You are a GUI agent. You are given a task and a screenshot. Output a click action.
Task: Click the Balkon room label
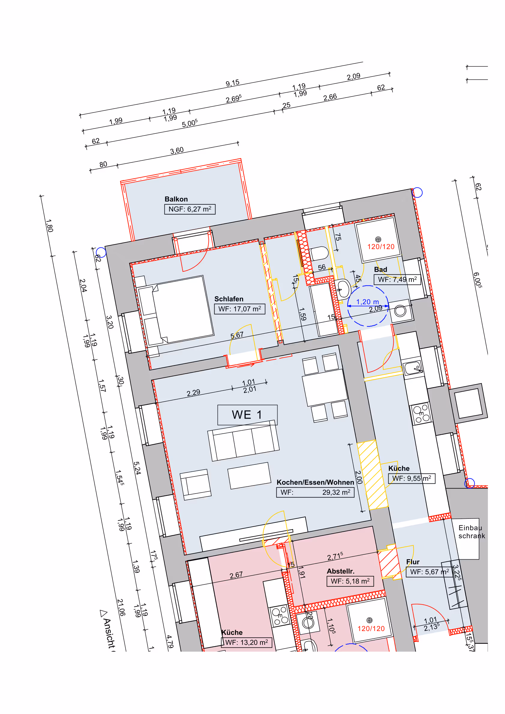[x=176, y=199]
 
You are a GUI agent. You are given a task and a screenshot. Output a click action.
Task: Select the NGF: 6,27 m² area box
[x=190, y=209]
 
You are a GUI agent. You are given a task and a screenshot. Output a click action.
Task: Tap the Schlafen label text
[x=229, y=299]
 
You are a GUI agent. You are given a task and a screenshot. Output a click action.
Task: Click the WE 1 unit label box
[x=247, y=415]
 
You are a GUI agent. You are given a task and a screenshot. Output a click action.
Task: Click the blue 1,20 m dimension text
[x=367, y=302]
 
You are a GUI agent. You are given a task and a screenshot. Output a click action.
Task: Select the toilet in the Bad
[x=319, y=253]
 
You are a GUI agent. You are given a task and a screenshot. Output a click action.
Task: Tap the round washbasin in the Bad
[x=343, y=289]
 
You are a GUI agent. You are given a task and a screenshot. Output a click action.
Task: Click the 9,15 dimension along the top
[x=233, y=83]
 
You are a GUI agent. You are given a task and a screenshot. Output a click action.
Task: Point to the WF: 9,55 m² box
[x=411, y=478]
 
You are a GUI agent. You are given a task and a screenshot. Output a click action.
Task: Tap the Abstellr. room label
[x=340, y=571]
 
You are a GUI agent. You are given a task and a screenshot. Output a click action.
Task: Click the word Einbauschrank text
[x=471, y=532]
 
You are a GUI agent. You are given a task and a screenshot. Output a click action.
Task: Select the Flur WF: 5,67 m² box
[x=429, y=572]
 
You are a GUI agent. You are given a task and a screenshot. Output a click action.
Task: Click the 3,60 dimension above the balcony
[x=177, y=151]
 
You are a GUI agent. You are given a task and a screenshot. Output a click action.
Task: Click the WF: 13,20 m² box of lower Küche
[x=246, y=642]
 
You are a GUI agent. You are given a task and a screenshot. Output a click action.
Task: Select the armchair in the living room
[x=195, y=484]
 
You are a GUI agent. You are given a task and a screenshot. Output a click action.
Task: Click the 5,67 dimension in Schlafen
[x=237, y=335]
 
